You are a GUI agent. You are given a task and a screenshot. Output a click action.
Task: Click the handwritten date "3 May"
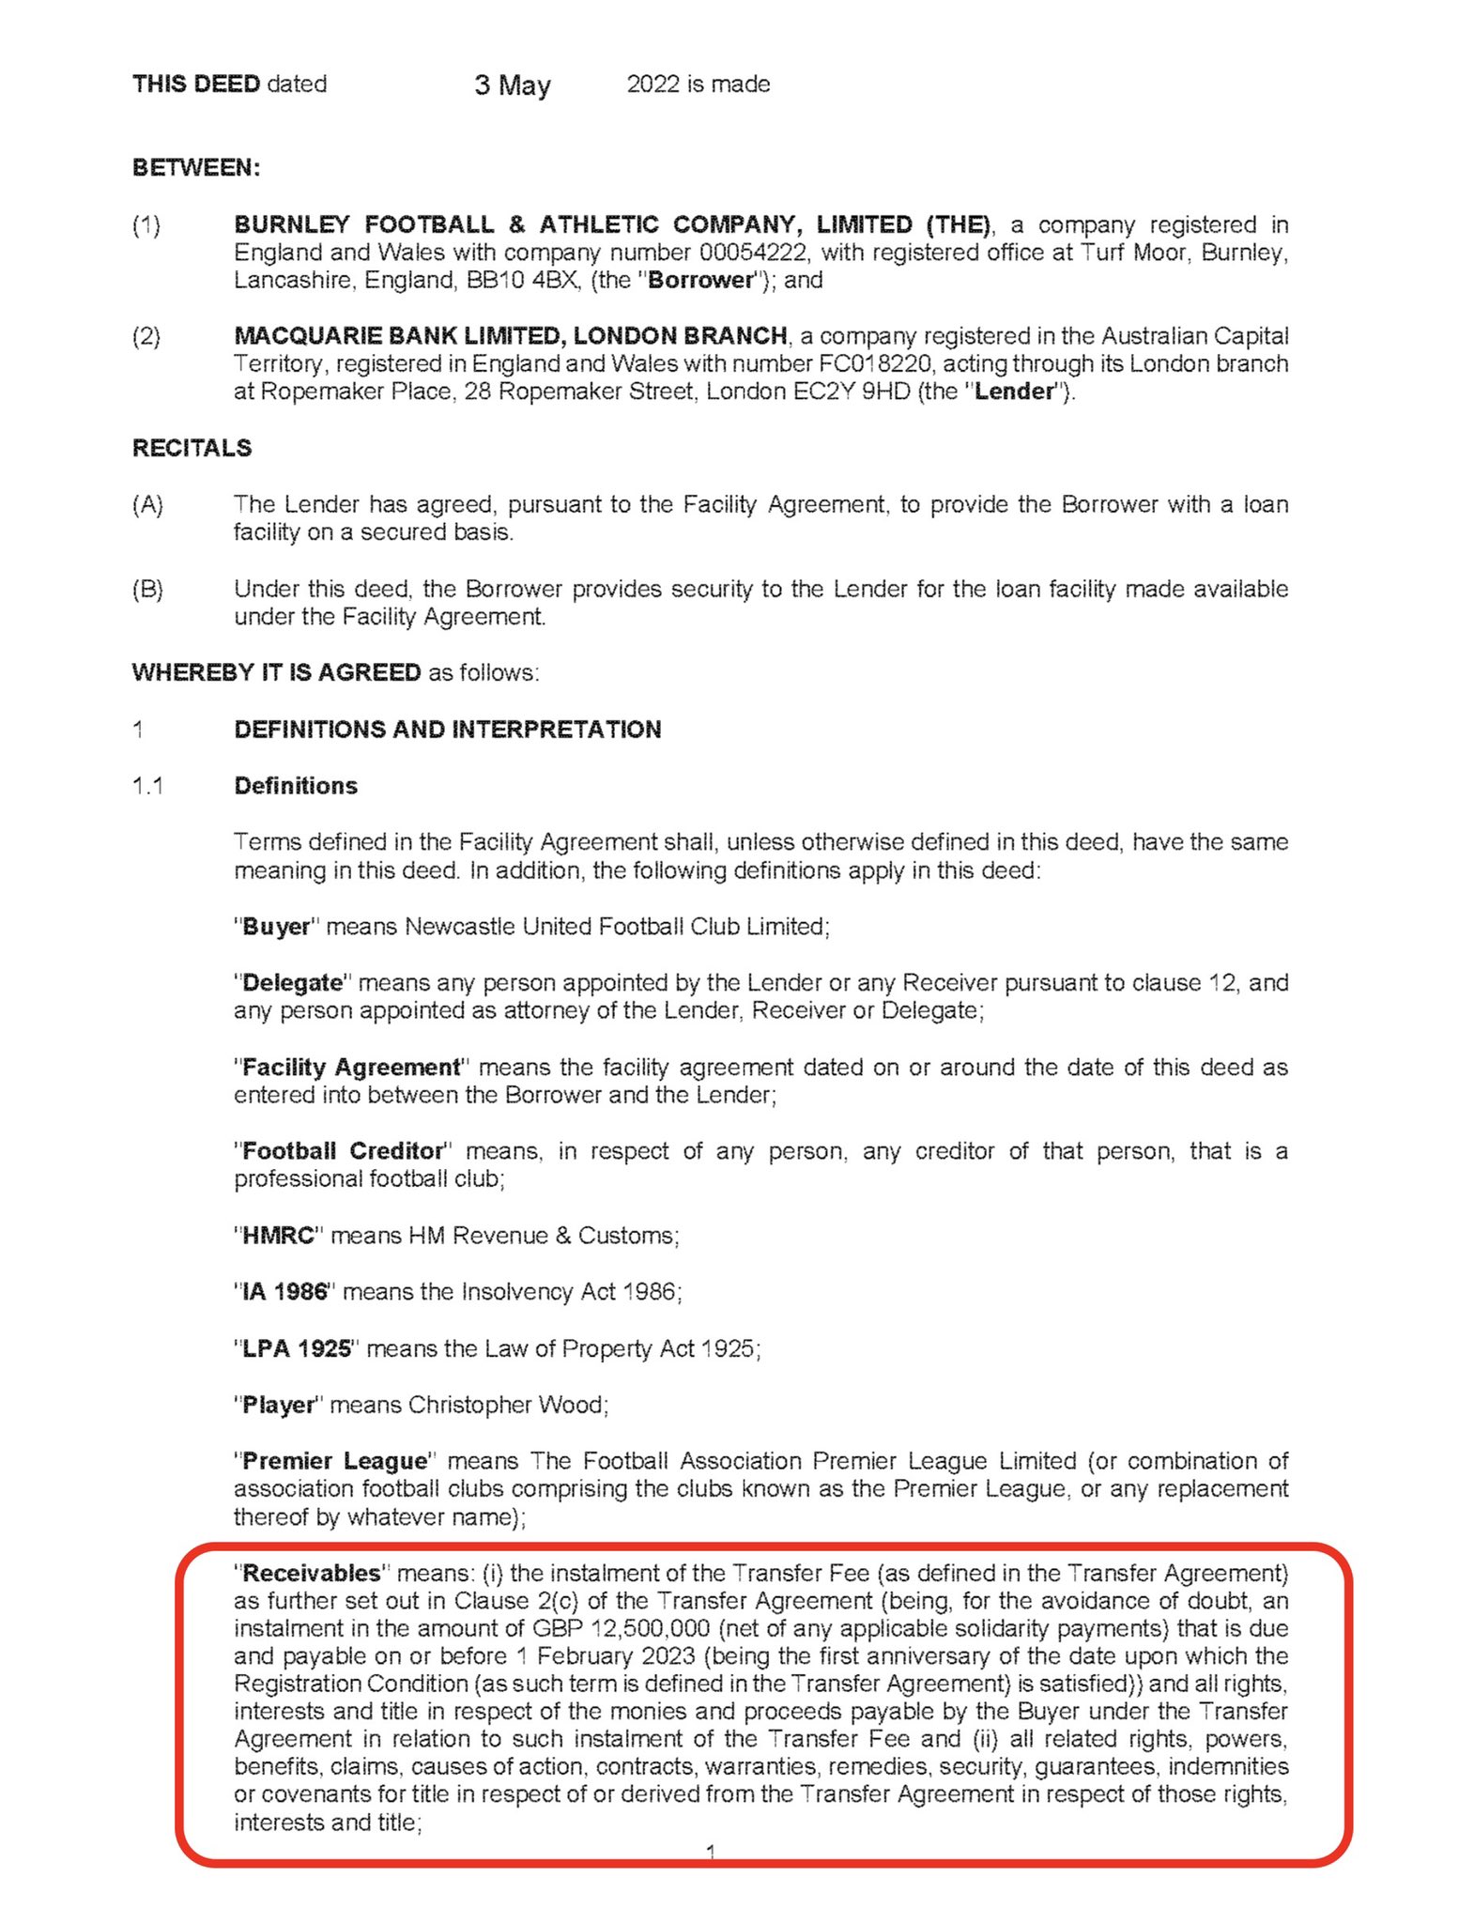pos(512,85)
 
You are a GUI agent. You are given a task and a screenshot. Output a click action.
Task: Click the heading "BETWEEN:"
pos(196,168)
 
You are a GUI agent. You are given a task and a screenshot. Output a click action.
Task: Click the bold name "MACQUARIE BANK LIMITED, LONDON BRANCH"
pos(510,336)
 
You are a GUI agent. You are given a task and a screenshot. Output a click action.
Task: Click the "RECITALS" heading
pos(192,448)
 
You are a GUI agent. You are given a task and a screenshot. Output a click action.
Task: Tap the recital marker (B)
pos(147,590)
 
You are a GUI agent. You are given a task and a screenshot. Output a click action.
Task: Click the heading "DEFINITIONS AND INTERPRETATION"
pos(447,730)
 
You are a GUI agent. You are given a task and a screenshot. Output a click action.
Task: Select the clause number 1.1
pos(147,786)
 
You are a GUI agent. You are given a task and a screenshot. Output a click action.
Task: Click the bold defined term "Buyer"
pos(276,927)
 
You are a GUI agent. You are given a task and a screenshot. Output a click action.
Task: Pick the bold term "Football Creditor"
pos(343,1151)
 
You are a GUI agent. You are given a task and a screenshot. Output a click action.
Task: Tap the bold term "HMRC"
pos(278,1236)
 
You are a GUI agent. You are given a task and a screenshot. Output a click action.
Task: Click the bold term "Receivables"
pos(311,1573)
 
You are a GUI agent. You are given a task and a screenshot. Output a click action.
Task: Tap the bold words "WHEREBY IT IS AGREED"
pos(276,673)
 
